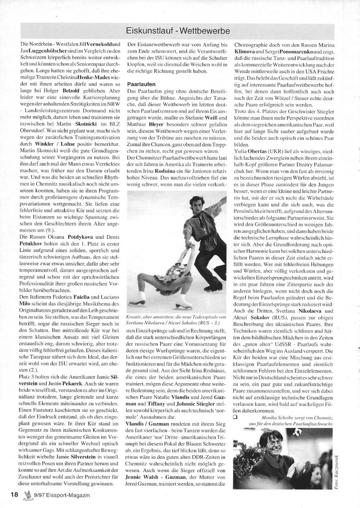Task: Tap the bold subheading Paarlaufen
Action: coord(141,84)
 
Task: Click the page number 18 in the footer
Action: coord(14,495)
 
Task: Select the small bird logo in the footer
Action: coord(26,494)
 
